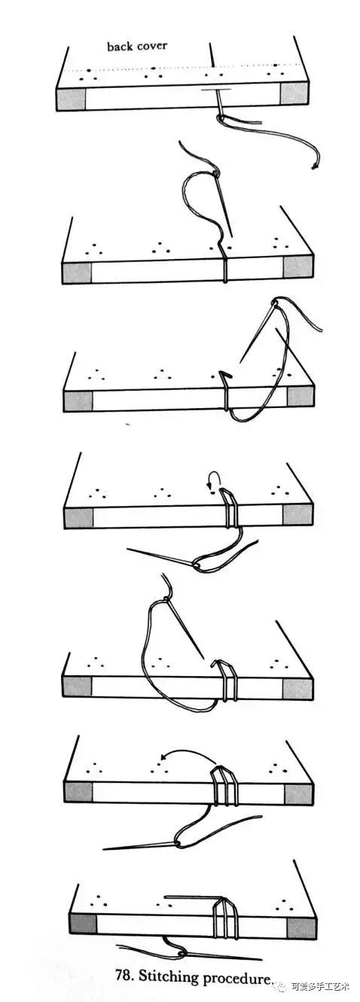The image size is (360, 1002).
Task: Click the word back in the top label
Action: [x=117, y=46]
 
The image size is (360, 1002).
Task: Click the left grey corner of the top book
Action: [x=71, y=99]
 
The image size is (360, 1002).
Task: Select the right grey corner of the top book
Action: [x=294, y=93]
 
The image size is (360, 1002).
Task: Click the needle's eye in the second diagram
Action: [x=217, y=172]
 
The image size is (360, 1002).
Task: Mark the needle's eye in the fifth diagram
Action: [x=166, y=598]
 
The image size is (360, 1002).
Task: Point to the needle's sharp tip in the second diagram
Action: [x=232, y=236]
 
